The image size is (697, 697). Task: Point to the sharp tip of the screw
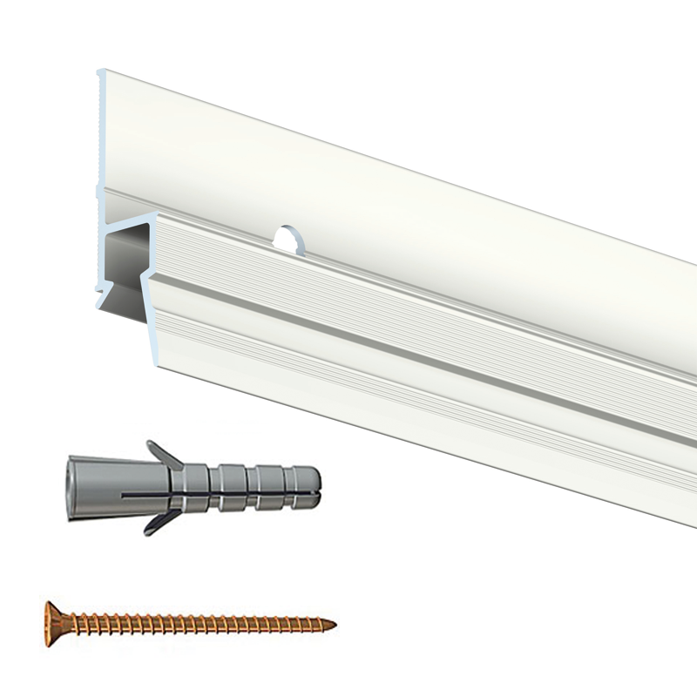(x=333, y=623)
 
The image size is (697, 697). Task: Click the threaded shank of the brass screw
(x=200, y=623)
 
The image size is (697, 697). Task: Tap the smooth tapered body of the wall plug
(x=105, y=488)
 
